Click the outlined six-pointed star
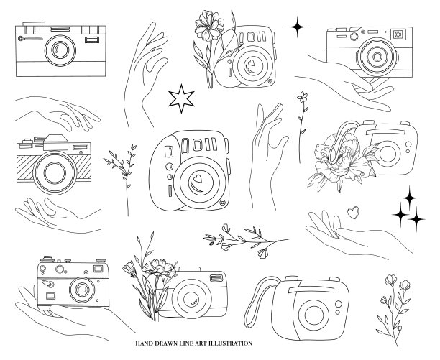tap(181, 98)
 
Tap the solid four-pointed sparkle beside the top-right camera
tap(297, 27)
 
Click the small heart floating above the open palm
tap(353, 212)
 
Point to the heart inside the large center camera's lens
tap(198, 178)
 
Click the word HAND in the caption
tap(143, 343)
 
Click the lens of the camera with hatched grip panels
tap(55, 172)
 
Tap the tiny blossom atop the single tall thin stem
tap(302, 97)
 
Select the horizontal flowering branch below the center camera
tap(246, 241)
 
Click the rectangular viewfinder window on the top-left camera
tap(92, 40)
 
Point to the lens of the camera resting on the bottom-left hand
tap(82, 290)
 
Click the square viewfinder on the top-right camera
tap(398, 34)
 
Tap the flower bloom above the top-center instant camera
tap(209, 25)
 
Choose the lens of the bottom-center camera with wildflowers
tap(191, 299)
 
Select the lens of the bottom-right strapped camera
tap(313, 314)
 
